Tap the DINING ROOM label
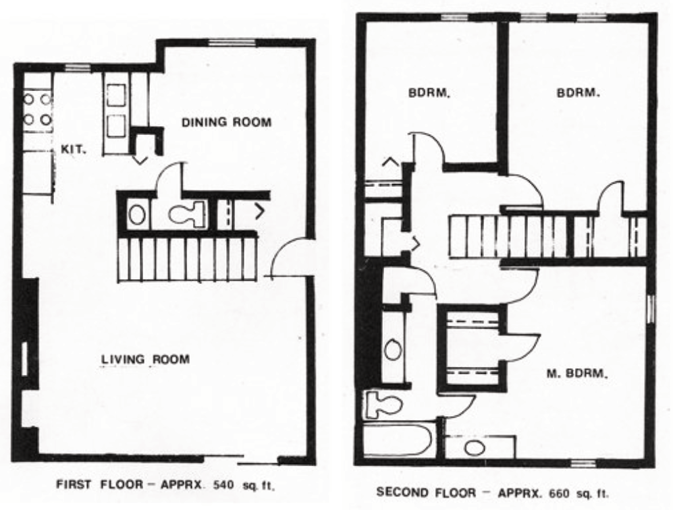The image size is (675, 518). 227,123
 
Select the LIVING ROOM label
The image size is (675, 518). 144,359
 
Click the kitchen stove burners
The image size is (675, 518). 38,109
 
